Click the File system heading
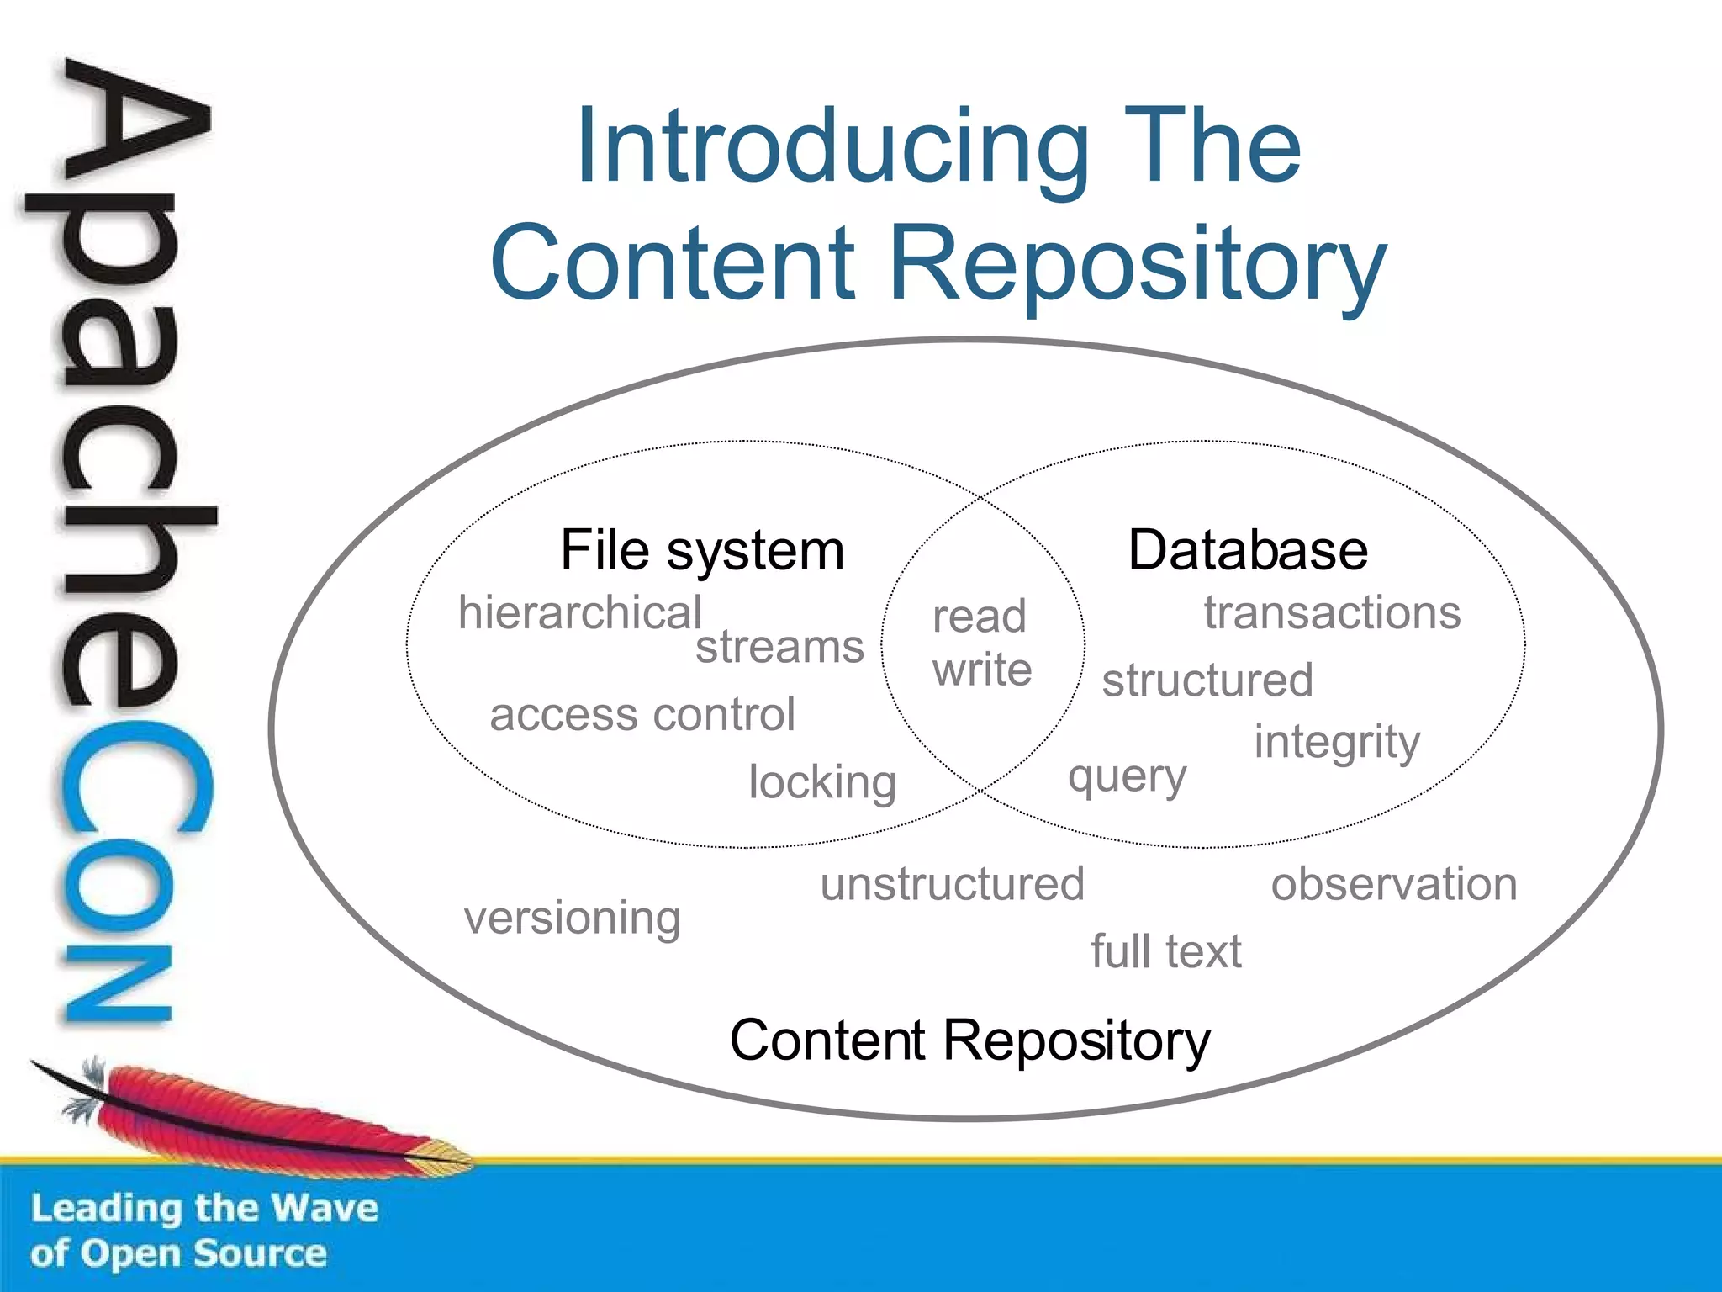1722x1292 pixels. pyautogui.click(x=702, y=552)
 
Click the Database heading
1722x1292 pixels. pyautogui.click(x=1248, y=551)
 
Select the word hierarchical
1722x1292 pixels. pyautogui.click(x=579, y=612)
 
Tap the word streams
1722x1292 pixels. pyautogui.click(x=779, y=647)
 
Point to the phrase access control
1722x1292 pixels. pyautogui.click(x=642, y=715)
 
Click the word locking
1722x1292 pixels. pyautogui.click(x=822, y=782)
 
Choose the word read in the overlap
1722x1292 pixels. pyautogui.click(x=980, y=617)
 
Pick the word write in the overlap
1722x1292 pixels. pyautogui.click(x=982, y=670)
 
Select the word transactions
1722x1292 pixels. pyautogui.click(x=1332, y=612)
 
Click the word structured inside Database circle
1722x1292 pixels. pyautogui.click(x=1207, y=680)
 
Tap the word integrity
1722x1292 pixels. pyautogui.click(x=1337, y=743)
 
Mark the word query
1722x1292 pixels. pyautogui.click(x=1127, y=776)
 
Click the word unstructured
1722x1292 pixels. pyautogui.click(x=953, y=884)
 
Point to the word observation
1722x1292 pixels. pyautogui.click(x=1394, y=884)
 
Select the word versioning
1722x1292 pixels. pyautogui.click(x=573, y=918)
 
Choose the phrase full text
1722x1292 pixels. pyautogui.click(x=1165, y=951)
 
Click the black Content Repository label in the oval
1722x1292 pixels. pyautogui.click(x=969, y=1040)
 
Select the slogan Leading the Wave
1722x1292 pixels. pyautogui.click(x=204, y=1208)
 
